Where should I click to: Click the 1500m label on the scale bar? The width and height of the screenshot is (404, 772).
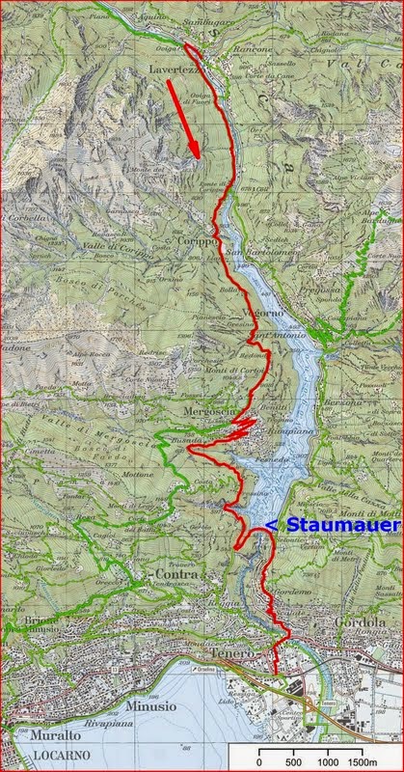point(364,760)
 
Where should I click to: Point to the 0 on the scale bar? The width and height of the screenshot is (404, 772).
point(258,760)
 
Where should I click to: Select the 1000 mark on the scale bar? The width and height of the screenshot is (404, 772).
point(329,760)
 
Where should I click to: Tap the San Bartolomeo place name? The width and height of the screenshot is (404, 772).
point(258,253)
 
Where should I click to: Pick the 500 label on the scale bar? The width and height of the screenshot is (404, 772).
point(294,760)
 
